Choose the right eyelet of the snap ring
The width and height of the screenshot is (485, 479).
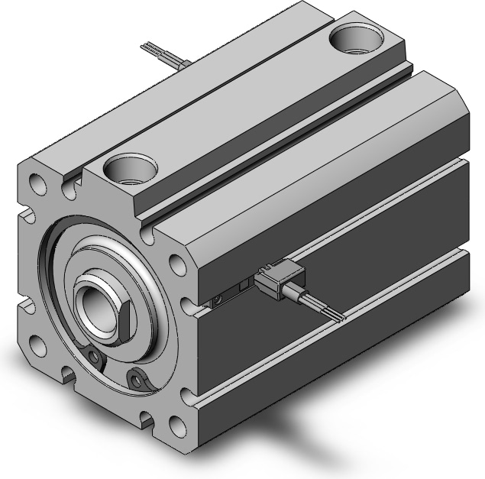[137, 377]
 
